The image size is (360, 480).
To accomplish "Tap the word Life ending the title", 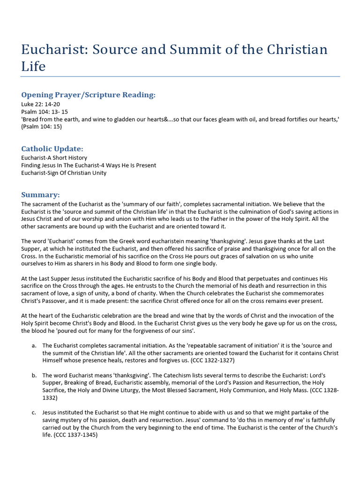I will [33, 66].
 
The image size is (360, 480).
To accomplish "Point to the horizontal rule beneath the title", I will [180, 76].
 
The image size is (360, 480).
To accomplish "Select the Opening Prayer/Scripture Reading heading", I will [88, 95].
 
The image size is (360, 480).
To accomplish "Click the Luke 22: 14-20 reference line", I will [40, 104].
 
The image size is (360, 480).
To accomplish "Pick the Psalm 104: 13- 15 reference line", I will [44, 112].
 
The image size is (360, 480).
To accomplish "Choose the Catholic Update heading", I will [52, 149].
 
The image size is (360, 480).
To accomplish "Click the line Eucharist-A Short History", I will [54, 158].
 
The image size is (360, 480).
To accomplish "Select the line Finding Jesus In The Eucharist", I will [89, 165].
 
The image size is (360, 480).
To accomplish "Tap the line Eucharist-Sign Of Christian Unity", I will [64, 173].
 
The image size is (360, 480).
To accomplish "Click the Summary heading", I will [40, 195].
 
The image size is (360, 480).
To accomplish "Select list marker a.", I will [34, 345].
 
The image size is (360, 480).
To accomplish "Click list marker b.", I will [34, 375].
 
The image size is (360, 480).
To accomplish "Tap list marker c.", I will [34, 412].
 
